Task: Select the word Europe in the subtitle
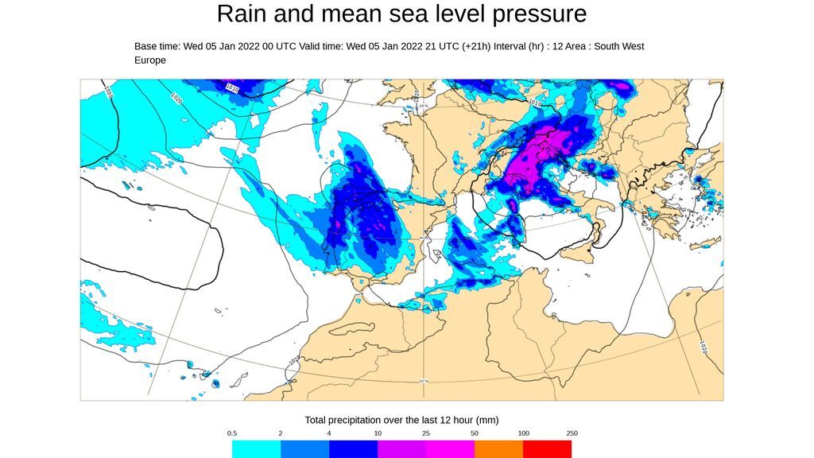(x=150, y=60)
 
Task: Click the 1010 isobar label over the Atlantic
(x=232, y=87)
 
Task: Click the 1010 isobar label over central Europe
(x=535, y=103)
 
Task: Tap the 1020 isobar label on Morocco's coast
(x=293, y=361)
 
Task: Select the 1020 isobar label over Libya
(x=704, y=347)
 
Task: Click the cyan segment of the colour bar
(x=256, y=449)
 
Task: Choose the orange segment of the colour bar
(x=498, y=449)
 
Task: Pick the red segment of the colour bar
(x=547, y=449)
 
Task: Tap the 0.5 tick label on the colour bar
(x=232, y=433)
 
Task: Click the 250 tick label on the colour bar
(x=572, y=433)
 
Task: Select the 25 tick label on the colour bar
(x=426, y=433)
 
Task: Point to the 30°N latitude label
(x=424, y=381)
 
